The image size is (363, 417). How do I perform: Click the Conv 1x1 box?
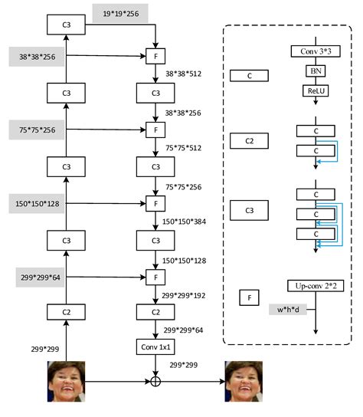[156, 348]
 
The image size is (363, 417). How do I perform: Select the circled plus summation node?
[156, 380]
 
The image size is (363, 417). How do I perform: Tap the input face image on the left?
[67, 380]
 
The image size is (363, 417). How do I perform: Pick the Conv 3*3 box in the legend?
[314, 51]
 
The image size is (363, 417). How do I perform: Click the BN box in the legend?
[314, 71]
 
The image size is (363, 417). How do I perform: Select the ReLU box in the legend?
[314, 90]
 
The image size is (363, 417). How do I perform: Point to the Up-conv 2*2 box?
[314, 285]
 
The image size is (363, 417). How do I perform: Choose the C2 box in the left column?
[67, 311]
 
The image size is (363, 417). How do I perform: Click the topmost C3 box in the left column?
[67, 25]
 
